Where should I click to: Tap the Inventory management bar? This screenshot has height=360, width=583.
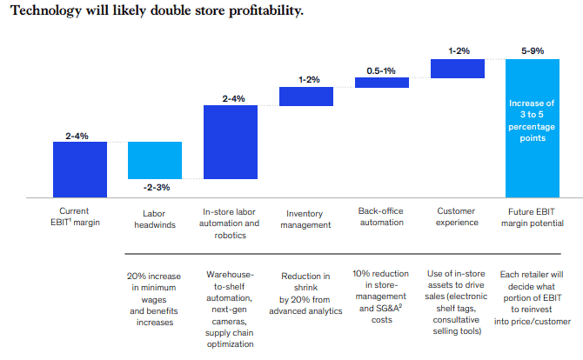tap(306, 96)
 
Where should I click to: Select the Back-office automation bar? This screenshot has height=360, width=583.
tap(381, 83)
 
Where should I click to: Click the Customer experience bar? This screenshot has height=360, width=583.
tap(457, 69)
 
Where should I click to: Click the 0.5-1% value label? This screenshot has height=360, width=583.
tap(381, 70)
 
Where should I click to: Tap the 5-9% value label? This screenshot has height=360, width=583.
tap(533, 51)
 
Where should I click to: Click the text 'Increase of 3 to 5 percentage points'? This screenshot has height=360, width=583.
tap(533, 122)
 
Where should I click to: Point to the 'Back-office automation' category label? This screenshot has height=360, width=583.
tap(381, 217)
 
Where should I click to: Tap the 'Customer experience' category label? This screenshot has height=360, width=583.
tap(457, 217)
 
